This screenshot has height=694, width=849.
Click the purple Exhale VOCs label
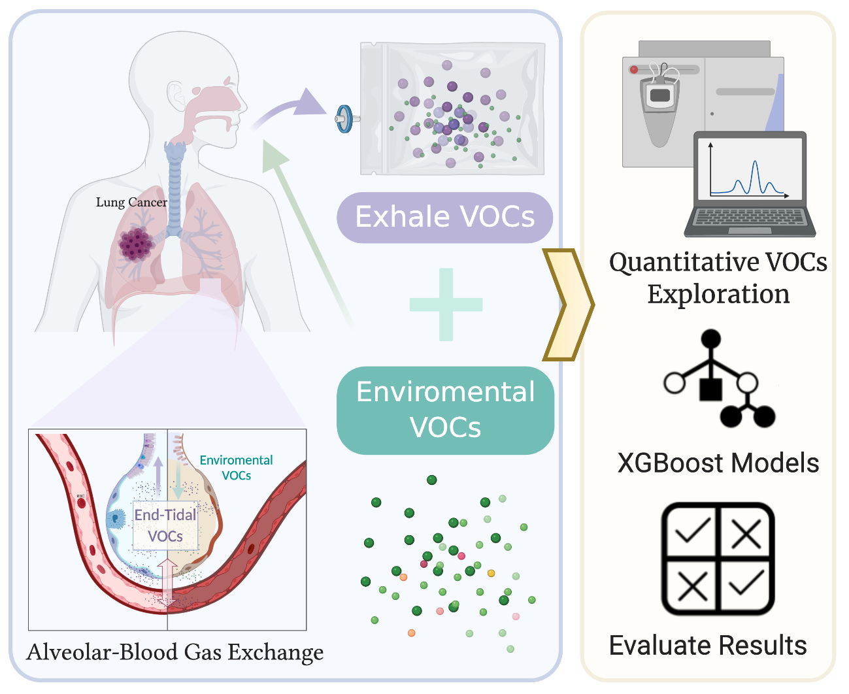[444, 217]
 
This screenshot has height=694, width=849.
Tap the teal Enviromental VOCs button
[445, 410]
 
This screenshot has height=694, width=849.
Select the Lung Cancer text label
[131, 203]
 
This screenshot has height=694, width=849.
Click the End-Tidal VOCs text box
[165, 525]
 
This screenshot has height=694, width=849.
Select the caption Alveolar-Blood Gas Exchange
[175, 652]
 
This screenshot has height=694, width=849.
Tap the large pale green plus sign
[446, 305]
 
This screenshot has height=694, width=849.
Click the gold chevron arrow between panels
[567, 305]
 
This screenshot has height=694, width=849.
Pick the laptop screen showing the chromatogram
[750, 169]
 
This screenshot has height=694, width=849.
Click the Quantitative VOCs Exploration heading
[718, 278]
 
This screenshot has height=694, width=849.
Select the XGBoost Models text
[718, 463]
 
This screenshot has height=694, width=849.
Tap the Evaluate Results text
[708, 646]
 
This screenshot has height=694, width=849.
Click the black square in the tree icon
[710, 389]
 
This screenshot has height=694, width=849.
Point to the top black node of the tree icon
[710, 340]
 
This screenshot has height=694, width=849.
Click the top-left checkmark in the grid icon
[692, 532]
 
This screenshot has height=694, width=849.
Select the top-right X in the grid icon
[746, 534]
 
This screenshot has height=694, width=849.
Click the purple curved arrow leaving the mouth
[288, 108]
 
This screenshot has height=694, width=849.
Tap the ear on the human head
[176, 95]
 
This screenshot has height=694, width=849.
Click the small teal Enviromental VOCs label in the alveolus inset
[236, 468]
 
